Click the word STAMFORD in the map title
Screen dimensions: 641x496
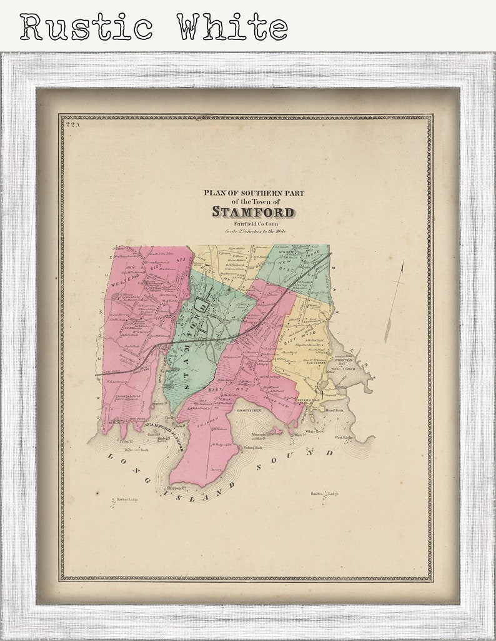coord(253,211)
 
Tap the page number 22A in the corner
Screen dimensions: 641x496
coord(73,125)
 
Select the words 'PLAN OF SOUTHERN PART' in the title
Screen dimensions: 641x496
coord(254,193)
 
